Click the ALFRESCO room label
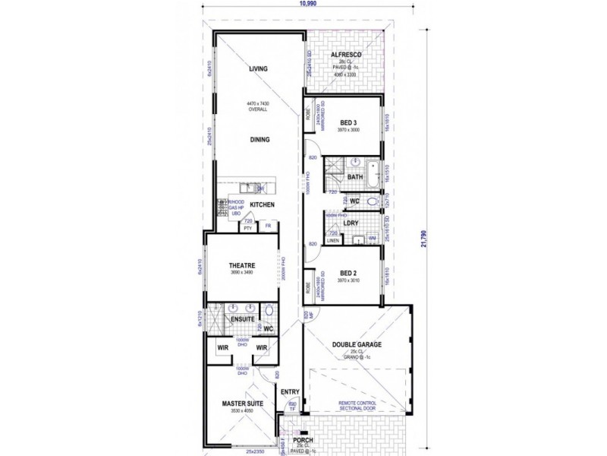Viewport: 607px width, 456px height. pos(345,55)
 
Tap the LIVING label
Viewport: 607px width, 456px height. pos(260,69)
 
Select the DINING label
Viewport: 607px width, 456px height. pos(260,140)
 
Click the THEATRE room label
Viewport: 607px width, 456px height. pos(242,265)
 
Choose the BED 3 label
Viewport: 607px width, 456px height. pos(349,122)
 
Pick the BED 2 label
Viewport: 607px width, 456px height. pos(349,272)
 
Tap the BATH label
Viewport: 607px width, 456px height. pos(355,177)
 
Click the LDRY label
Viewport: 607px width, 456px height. pos(351,223)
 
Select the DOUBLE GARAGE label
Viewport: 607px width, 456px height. pos(357,344)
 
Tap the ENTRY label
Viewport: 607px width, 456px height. pos(290,392)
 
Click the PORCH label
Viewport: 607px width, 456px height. pos(303,439)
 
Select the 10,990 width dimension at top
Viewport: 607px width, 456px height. pos(308,4)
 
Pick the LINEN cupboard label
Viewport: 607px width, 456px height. pos(332,241)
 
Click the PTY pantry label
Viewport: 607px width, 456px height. pos(247,228)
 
